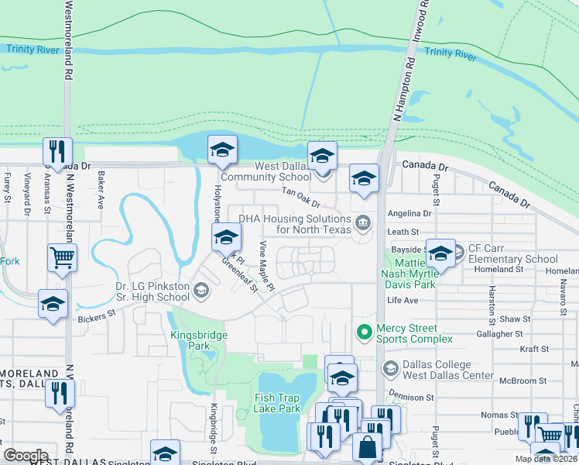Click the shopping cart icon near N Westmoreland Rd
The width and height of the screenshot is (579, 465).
click(62, 257)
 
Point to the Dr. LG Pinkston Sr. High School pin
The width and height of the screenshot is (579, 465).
click(201, 291)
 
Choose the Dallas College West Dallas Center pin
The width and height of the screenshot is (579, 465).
click(390, 367)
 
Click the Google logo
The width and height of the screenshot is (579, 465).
click(26, 455)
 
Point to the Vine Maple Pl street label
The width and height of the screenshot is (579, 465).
click(267, 266)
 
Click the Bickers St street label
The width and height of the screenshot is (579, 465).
click(95, 315)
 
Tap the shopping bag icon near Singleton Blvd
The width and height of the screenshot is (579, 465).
click(365, 447)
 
